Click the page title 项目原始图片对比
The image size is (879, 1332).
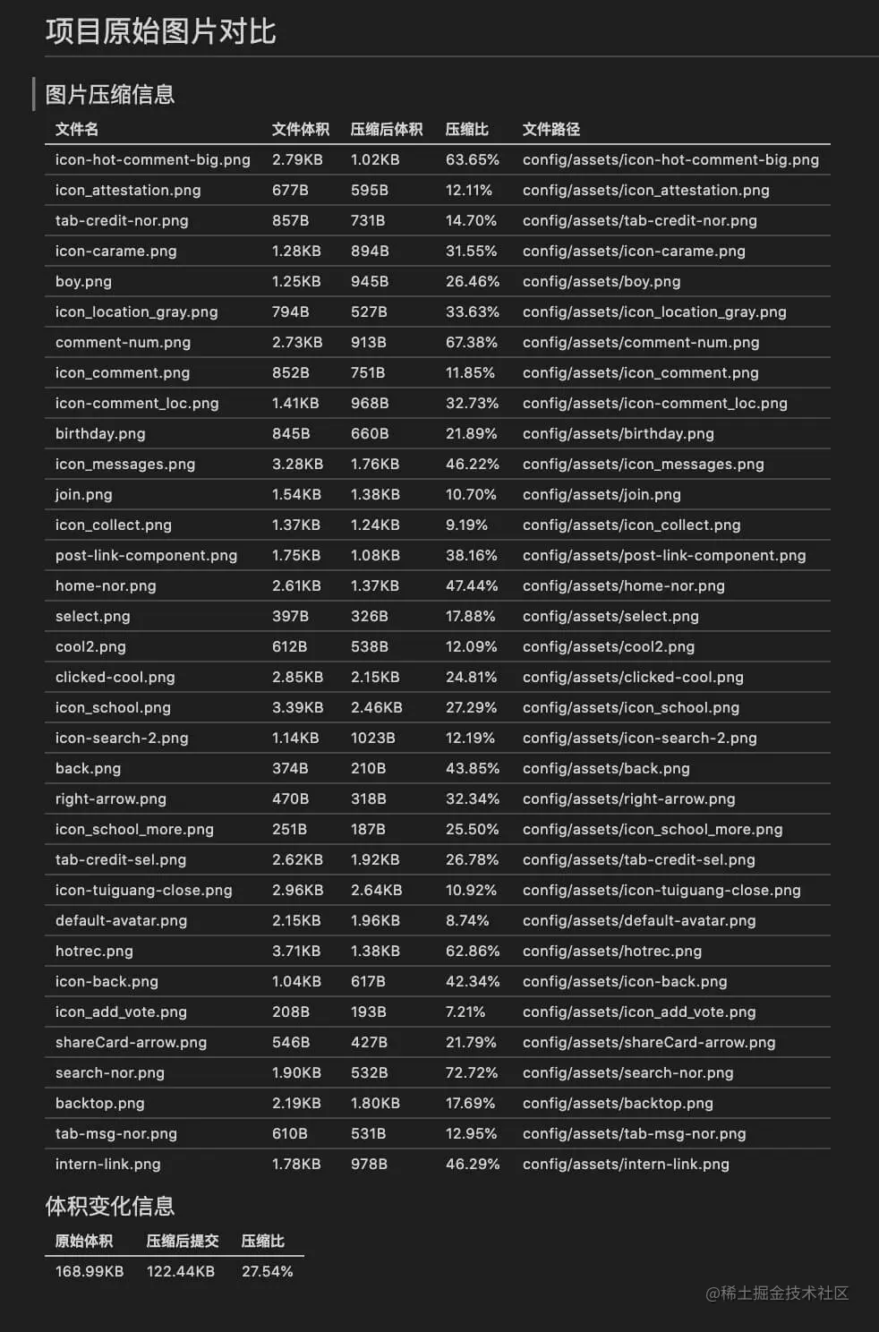(x=160, y=32)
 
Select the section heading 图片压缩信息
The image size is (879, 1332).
(x=109, y=95)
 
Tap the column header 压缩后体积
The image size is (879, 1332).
(x=386, y=130)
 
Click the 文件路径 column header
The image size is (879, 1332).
(x=550, y=130)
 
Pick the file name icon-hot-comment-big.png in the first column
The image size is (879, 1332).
(x=152, y=160)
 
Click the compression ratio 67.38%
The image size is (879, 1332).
(x=471, y=343)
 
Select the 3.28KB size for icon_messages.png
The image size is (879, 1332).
(x=297, y=465)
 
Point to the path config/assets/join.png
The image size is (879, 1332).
(x=601, y=495)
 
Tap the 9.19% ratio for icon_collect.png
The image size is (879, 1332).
(x=466, y=525)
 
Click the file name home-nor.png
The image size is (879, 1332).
(x=106, y=586)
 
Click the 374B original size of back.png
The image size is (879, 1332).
(x=290, y=769)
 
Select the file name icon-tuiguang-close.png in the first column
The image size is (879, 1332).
(x=143, y=891)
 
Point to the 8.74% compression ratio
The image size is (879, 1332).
(x=467, y=921)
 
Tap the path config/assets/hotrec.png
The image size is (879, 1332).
(x=611, y=952)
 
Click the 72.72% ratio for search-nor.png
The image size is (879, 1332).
(x=472, y=1073)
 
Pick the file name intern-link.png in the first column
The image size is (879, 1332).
(x=107, y=1165)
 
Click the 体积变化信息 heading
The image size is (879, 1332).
(x=109, y=1207)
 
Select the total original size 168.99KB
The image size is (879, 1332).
(x=90, y=1272)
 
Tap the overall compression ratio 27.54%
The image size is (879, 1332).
(x=267, y=1272)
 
